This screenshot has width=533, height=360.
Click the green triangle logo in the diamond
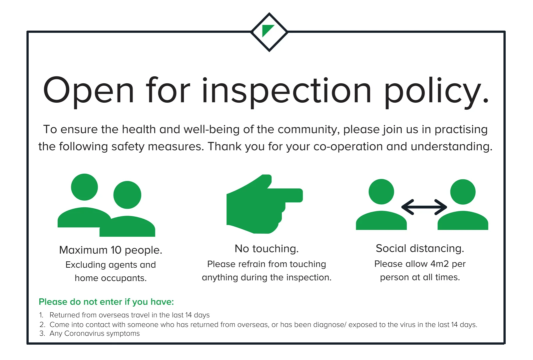click(x=266, y=30)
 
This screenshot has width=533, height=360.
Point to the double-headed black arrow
click(x=424, y=207)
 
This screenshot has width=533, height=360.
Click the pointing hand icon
click(x=265, y=204)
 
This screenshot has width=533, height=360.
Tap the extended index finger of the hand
click(x=285, y=195)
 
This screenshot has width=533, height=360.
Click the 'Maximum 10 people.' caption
click(x=111, y=250)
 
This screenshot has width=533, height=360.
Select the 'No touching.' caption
click(x=266, y=249)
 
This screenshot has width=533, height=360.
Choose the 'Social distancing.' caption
click(x=420, y=249)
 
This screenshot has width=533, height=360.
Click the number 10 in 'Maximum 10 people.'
click(x=116, y=250)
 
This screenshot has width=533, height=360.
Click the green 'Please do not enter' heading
click(x=106, y=302)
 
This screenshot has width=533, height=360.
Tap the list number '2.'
click(x=42, y=325)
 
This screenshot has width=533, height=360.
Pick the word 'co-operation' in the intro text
click(x=348, y=147)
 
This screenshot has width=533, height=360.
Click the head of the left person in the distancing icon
click(x=381, y=192)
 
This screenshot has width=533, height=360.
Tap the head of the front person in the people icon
click(x=127, y=195)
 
